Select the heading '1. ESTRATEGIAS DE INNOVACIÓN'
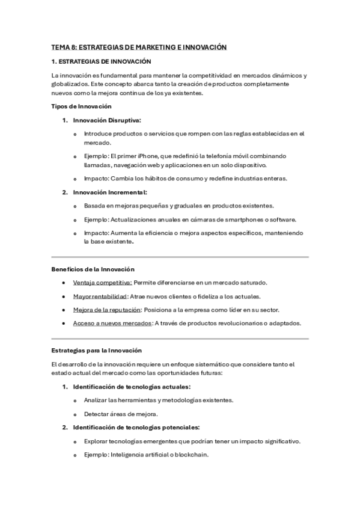(x=101, y=61)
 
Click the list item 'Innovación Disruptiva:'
(x=107, y=120)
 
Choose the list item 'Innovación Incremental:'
(x=110, y=192)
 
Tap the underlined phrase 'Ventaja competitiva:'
(x=102, y=282)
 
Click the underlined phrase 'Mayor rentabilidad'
(x=100, y=296)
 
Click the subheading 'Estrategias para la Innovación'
(x=96, y=350)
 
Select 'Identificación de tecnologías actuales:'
(x=132, y=386)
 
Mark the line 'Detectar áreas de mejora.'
(x=121, y=414)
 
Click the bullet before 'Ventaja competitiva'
(x=64, y=283)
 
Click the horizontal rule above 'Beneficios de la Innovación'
(x=180, y=256)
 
